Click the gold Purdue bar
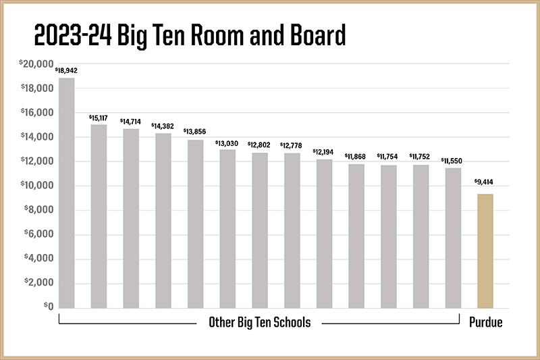pos(485,251)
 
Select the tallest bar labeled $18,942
pos(67,193)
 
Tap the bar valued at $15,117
pos(99,216)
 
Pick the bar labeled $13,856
pos(195,224)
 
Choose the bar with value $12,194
pos(324,234)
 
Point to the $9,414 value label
pos(485,182)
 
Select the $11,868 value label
pos(356,157)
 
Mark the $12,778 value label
pos(291,145)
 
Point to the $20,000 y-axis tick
pos(37,64)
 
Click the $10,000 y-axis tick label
pos(37,186)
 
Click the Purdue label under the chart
pos(486,323)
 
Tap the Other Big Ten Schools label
pos(259,323)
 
